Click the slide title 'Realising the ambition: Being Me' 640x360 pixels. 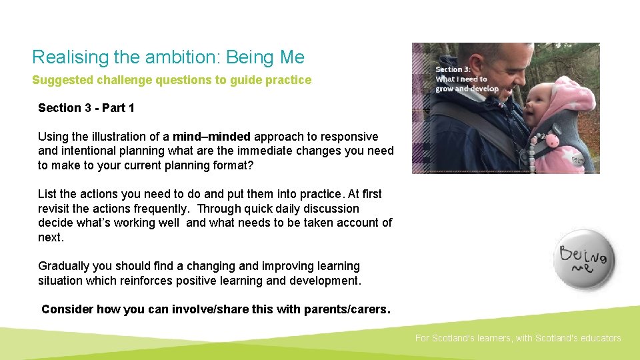pos(168,57)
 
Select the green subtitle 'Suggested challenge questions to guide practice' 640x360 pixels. pos(171,80)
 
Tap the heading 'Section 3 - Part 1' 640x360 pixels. pos(86,108)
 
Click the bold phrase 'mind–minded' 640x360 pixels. pos(211,137)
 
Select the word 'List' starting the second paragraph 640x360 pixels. pos(47,194)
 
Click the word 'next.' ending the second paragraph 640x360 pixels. pos(51,237)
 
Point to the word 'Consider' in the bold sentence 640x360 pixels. pos(67,309)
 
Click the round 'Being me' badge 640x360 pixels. pos(586,259)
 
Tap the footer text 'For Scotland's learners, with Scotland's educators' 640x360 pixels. pos(518,338)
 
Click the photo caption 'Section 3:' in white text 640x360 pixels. pos(453,69)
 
